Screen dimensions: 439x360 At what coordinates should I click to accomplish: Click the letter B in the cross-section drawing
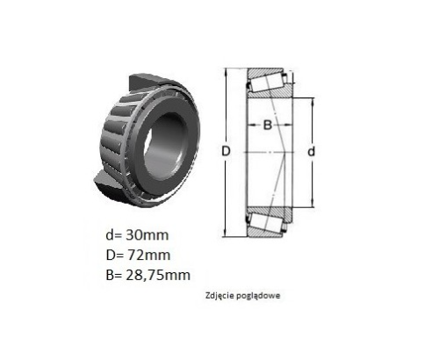click(x=268, y=125)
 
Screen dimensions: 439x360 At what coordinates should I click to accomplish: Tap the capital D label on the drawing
click(x=226, y=151)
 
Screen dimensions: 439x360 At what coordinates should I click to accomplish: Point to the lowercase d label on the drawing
click(x=312, y=151)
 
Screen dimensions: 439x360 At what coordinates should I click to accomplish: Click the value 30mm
click(x=148, y=235)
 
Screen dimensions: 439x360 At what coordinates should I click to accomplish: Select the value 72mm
click(x=148, y=256)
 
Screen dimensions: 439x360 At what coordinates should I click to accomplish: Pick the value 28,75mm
click(x=158, y=275)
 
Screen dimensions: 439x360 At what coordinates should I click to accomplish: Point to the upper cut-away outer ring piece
click(x=147, y=82)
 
